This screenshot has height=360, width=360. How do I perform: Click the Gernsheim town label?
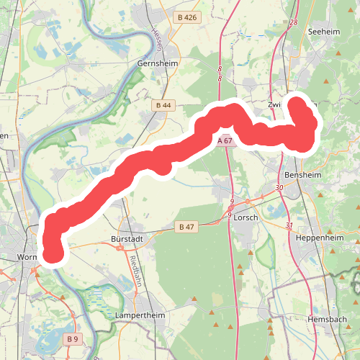tap(156, 63)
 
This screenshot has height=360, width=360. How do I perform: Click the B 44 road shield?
tap(163, 105)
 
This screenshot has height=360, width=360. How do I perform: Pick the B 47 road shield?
tap(186, 227)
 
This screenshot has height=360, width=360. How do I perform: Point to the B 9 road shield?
tap(72, 338)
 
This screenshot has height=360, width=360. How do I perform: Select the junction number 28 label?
tap(293, 22)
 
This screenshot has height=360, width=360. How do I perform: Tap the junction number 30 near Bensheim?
tap(279, 187)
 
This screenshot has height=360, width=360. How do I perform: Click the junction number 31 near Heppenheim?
tap(288, 226)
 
